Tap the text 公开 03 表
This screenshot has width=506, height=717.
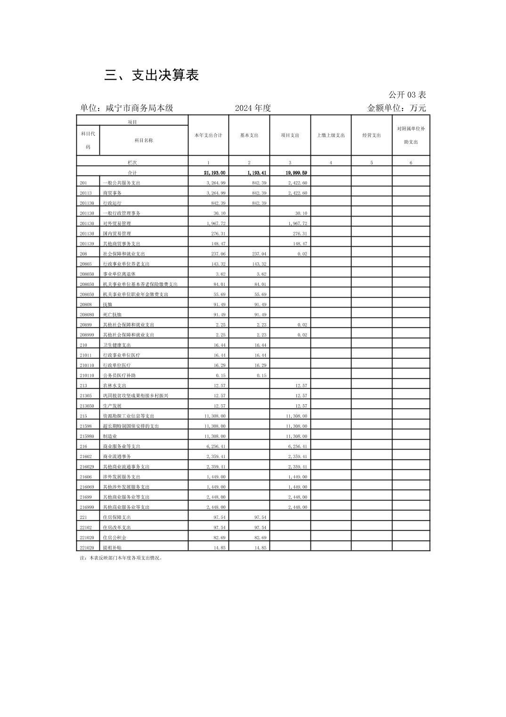click(x=407, y=95)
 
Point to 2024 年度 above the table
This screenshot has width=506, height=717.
click(x=253, y=108)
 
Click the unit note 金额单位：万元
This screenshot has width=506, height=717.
click(x=396, y=108)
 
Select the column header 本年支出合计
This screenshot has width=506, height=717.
click(x=208, y=135)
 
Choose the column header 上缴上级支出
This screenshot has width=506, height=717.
click(x=331, y=135)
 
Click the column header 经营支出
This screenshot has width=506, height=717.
click(x=371, y=135)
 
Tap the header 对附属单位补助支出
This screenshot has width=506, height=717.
click(x=411, y=135)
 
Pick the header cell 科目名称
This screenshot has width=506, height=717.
click(x=144, y=140)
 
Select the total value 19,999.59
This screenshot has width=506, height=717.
click(x=296, y=173)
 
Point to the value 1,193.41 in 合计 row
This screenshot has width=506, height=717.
click(x=257, y=173)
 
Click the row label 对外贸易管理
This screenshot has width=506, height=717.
click(x=117, y=224)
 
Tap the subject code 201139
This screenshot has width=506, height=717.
click(x=87, y=244)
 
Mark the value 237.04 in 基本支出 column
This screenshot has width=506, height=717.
click(x=259, y=254)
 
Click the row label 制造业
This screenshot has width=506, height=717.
click(x=110, y=437)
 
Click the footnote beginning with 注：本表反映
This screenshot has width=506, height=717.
click(x=122, y=558)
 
